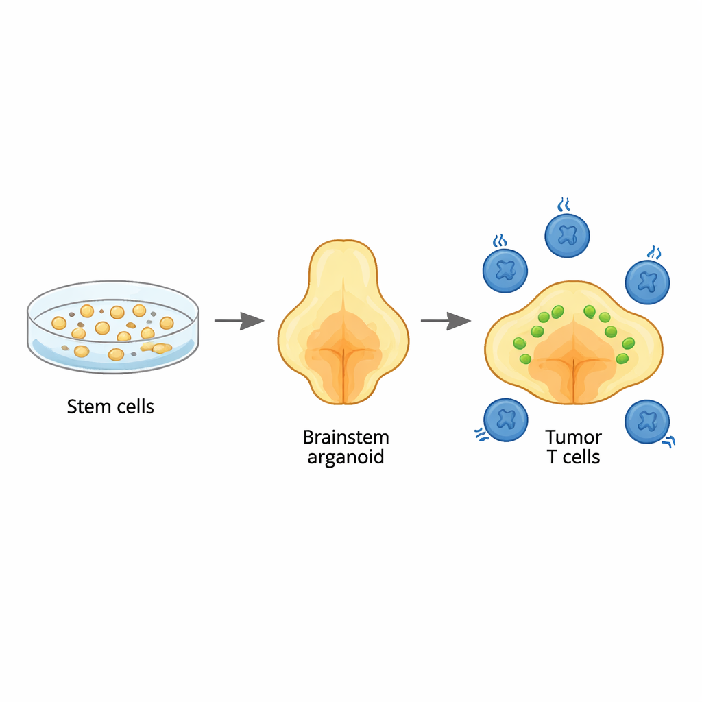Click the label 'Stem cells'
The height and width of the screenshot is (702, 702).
(x=110, y=407)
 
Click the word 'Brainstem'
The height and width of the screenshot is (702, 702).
(x=346, y=437)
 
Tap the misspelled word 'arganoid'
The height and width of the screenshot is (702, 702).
(x=346, y=457)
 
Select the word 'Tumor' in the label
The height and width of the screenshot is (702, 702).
(x=573, y=437)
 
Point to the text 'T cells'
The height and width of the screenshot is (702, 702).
(x=573, y=457)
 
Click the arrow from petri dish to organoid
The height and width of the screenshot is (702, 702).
(x=239, y=320)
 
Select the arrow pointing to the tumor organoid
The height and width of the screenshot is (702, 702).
(x=446, y=320)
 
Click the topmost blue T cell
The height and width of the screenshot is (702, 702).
(x=567, y=236)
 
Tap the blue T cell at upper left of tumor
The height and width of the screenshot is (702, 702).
(x=505, y=270)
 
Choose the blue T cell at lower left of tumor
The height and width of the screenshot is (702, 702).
(x=505, y=419)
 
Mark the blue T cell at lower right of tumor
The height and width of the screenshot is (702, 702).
(x=646, y=421)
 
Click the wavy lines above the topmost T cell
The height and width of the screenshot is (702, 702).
(x=564, y=204)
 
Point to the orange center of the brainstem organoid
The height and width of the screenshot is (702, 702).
(x=343, y=350)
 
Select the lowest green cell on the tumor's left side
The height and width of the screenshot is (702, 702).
(x=526, y=359)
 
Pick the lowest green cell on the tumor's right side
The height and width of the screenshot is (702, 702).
(x=622, y=358)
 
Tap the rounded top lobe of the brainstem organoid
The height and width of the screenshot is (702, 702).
(x=343, y=264)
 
